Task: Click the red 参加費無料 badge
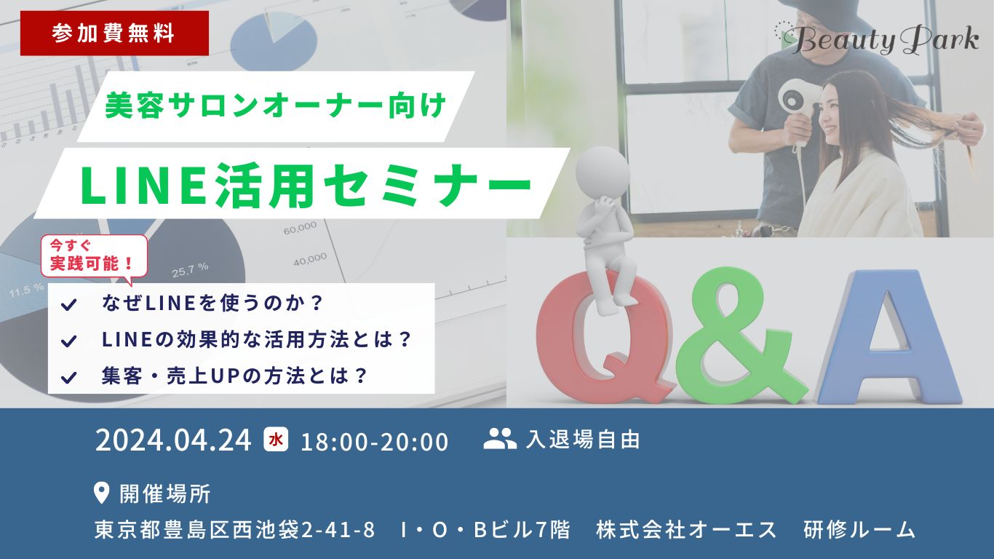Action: pyautogui.click(x=114, y=33)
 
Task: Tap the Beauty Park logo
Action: pyautogui.click(x=877, y=39)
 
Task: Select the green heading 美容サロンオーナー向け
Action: pyautogui.click(x=276, y=106)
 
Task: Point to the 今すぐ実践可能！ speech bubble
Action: pyautogui.click(x=94, y=257)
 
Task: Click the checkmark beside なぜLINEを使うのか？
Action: pyautogui.click(x=69, y=304)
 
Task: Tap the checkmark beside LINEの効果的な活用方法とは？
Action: pyautogui.click(x=69, y=341)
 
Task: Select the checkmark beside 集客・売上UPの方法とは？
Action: pyautogui.click(x=69, y=378)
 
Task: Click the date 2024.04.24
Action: pyautogui.click(x=173, y=440)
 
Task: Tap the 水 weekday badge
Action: pyautogui.click(x=276, y=439)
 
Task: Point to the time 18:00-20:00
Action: pyautogui.click(x=375, y=442)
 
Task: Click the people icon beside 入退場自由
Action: pyautogui.click(x=500, y=439)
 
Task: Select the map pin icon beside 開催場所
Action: pyautogui.click(x=102, y=493)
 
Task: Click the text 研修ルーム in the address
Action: pyautogui.click(x=859, y=530)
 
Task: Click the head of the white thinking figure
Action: pyautogui.click(x=603, y=173)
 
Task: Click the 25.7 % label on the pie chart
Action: pyautogui.click(x=190, y=270)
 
